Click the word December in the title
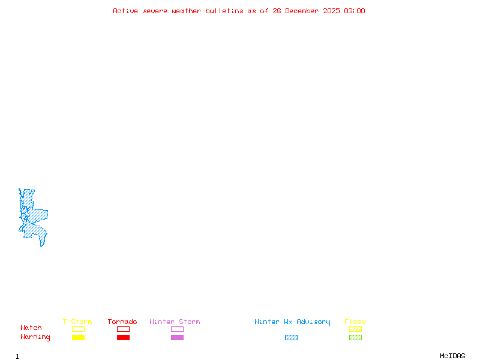coord(302,11)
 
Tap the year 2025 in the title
coord(331,11)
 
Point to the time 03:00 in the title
coord(355,11)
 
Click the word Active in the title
coord(125,11)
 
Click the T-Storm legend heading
coord(77,322)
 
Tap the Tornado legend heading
coord(122,322)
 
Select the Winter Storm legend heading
coord(175,322)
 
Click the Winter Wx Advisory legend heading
coord(292,322)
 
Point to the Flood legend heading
coord(355,322)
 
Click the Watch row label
coord(31,328)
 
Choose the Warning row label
coord(35,337)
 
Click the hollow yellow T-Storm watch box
coord(79,329)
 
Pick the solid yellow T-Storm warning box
coord(79,337)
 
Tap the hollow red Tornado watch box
coord(124,329)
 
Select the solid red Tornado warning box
coord(124,337)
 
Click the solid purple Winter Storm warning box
coord(177,337)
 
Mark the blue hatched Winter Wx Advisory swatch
coord(291,337)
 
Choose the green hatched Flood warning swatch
coord(355,337)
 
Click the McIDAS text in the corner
coord(452,356)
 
